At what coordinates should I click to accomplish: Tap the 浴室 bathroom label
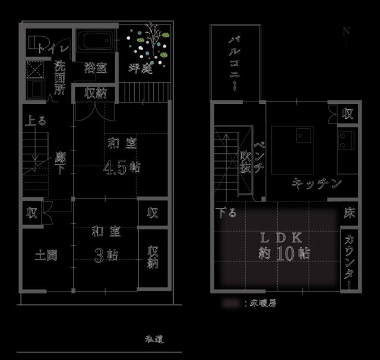(x=95, y=68)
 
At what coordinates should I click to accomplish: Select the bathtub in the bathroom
(x=96, y=42)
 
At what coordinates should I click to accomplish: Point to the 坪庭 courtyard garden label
(x=141, y=68)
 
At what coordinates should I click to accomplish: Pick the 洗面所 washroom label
(x=60, y=78)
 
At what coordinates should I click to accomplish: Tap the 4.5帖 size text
(x=122, y=167)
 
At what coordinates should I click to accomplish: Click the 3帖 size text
(x=106, y=254)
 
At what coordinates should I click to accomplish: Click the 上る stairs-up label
(x=35, y=121)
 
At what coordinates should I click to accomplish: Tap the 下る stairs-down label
(x=226, y=212)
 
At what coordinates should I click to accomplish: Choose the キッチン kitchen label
(x=316, y=184)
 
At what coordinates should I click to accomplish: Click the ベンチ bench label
(x=259, y=156)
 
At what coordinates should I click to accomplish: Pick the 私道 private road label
(x=154, y=340)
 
